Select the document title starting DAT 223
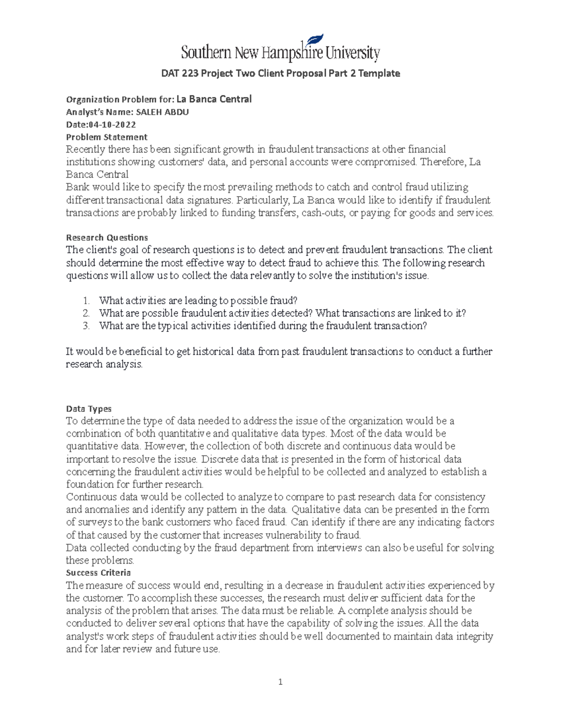point(280,73)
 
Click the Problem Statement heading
point(107,137)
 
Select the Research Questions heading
point(107,237)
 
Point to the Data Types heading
point(89,409)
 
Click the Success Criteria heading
point(98,573)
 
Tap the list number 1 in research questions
point(86,301)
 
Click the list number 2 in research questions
point(86,313)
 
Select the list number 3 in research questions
point(86,326)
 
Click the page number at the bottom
point(280,682)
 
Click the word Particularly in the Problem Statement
point(263,200)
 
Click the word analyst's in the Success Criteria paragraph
point(86,636)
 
